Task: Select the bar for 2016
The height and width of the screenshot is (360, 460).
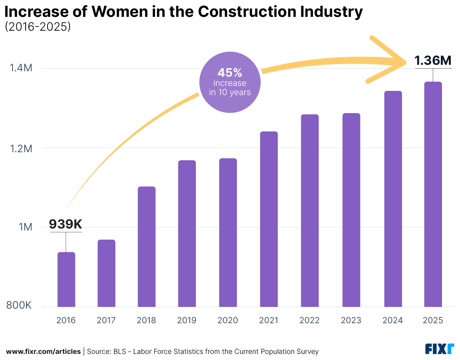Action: click(66, 279)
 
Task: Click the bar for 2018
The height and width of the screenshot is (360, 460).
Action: click(146, 247)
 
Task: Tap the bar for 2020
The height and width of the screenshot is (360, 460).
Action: click(228, 233)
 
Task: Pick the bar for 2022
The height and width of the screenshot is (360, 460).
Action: click(309, 210)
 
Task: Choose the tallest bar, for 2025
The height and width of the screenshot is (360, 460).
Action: click(433, 194)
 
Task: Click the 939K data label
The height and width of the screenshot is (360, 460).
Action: click(66, 224)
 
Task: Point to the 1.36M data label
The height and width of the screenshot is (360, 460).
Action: click(433, 60)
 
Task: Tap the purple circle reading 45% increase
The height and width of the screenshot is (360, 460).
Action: click(230, 82)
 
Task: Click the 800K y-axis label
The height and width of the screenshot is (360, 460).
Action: click(18, 306)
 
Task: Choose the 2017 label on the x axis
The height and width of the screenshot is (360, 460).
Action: click(106, 321)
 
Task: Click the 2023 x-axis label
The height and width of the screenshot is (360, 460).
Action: click(351, 321)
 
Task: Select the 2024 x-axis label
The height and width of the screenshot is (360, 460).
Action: click(392, 321)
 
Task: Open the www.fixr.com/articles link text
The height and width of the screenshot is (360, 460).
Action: click(43, 351)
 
